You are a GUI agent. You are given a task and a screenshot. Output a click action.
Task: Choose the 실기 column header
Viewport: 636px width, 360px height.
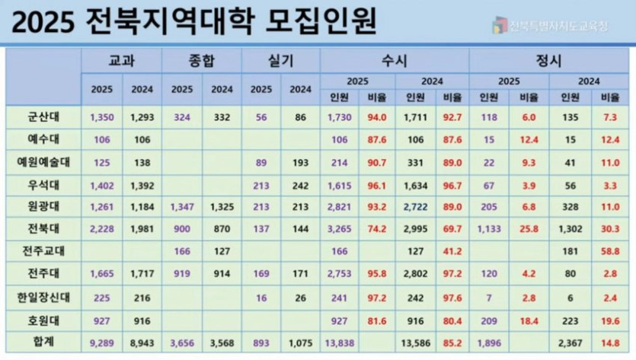click(281, 61)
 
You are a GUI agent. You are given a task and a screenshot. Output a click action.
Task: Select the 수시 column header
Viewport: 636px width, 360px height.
click(395, 61)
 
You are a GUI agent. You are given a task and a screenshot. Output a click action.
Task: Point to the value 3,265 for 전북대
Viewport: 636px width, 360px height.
click(339, 228)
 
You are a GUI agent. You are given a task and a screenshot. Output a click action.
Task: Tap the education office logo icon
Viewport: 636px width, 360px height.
click(500, 25)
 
